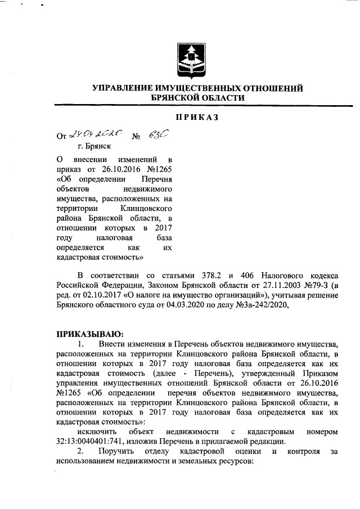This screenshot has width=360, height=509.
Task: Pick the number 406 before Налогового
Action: pos(249,275)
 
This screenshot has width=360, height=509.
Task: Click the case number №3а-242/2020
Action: pos(262,305)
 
